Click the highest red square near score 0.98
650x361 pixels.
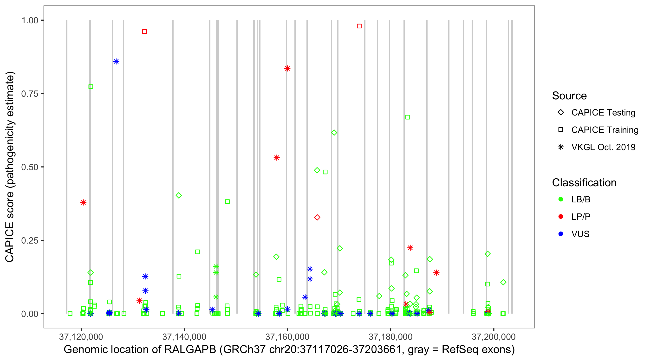pos(359,26)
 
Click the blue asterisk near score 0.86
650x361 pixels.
pos(116,62)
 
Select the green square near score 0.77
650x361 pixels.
pos(91,87)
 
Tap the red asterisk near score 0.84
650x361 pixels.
pos(287,68)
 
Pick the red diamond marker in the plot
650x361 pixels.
pos(317,218)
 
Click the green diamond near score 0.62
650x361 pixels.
pos(334,133)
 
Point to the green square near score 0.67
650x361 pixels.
pos(408,117)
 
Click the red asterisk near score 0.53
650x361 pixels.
pos(277,158)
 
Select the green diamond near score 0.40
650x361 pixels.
pos(179,195)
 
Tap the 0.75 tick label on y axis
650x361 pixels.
pos(29,94)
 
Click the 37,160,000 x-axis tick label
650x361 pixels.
pos(287,336)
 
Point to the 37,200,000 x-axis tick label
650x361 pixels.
pos(493,336)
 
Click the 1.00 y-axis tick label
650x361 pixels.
pos(29,20)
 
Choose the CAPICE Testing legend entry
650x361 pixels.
pos(603,113)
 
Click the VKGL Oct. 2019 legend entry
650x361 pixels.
pos(603,147)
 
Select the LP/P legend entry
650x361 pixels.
pos(581,217)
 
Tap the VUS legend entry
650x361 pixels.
pos(580,234)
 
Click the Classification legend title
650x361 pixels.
pos(584,183)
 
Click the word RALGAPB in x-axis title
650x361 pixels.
pos(190,350)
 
